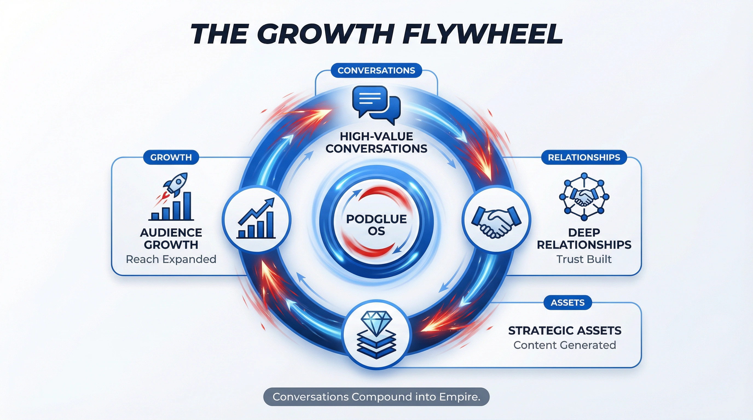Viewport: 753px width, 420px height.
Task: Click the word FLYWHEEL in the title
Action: (x=482, y=34)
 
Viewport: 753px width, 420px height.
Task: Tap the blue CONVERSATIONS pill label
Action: (x=376, y=70)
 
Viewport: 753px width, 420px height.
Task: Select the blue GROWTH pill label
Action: (x=171, y=157)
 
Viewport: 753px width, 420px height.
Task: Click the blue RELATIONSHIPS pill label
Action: (x=584, y=157)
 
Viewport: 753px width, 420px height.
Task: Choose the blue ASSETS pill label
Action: (x=567, y=303)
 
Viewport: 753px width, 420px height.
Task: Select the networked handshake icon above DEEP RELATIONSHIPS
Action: (x=584, y=196)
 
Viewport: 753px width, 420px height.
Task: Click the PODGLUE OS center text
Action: (x=376, y=225)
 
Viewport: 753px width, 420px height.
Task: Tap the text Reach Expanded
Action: (x=171, y=259)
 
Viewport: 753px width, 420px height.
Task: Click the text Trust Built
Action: (x=584, y=259)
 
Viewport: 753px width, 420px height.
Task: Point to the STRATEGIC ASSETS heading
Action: (x=564, y=331)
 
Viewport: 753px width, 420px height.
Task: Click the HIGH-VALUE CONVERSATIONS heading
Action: (x=376, y=142)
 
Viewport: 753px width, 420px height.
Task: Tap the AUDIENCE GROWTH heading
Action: (x=171, y=239)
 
